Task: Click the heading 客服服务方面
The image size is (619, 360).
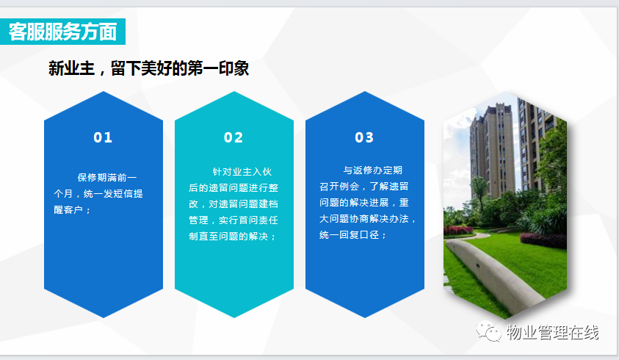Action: [62, 32]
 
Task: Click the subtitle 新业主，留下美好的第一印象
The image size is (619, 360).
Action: [148, 68]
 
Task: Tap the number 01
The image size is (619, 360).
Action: [103, 137]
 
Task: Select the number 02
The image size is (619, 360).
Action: [234, 137]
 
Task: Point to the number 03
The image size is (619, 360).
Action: [364, 137]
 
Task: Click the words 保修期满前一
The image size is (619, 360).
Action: [107, 178]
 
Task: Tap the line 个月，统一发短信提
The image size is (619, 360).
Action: [98, 194]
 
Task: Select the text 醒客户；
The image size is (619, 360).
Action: [72, 210]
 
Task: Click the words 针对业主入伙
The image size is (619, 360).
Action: [242, 171]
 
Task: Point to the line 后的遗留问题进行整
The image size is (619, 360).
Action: [234, 187]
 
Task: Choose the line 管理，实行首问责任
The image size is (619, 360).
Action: [234, 220]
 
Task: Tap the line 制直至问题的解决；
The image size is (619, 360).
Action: [232, 237]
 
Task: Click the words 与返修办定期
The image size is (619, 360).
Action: [373, 170]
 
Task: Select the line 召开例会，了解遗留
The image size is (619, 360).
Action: [364, 187]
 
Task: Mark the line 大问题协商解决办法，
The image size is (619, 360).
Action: [368, 219]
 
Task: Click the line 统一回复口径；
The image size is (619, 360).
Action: [353, 235]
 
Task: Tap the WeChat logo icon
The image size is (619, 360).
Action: [488, 331]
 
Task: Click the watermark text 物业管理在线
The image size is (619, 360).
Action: [553, 332]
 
